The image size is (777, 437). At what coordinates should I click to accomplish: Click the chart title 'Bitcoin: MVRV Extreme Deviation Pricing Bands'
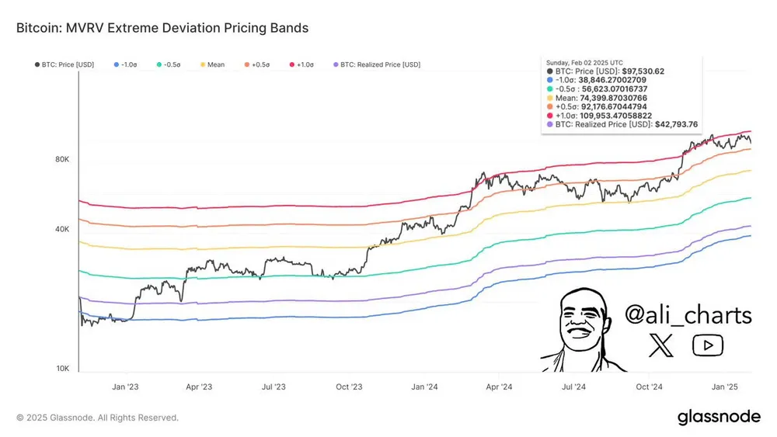click(162, 28)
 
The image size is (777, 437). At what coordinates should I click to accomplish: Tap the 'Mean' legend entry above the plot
click(215, 64)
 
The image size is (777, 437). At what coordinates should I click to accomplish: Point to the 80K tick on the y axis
click(62, 159)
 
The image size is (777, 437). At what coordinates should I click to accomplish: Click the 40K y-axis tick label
click(62, 229)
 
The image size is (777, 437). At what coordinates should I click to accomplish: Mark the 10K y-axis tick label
click(62, 369)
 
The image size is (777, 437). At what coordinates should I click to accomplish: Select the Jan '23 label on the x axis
click(125, 386)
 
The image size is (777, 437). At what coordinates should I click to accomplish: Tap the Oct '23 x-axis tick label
click(350, 386)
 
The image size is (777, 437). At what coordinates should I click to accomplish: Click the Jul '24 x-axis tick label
click(573, 386)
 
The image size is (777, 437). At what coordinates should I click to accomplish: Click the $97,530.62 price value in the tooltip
click(642, 71)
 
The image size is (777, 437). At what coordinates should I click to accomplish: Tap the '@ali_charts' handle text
click(688, 315)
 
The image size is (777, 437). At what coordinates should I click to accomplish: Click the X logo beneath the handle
click(662, 345)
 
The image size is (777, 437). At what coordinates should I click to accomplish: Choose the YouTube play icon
click(707, 345)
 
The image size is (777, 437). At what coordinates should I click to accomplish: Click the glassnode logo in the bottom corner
click(719, 417)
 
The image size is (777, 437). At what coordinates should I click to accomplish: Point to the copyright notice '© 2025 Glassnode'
click(97, 418)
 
